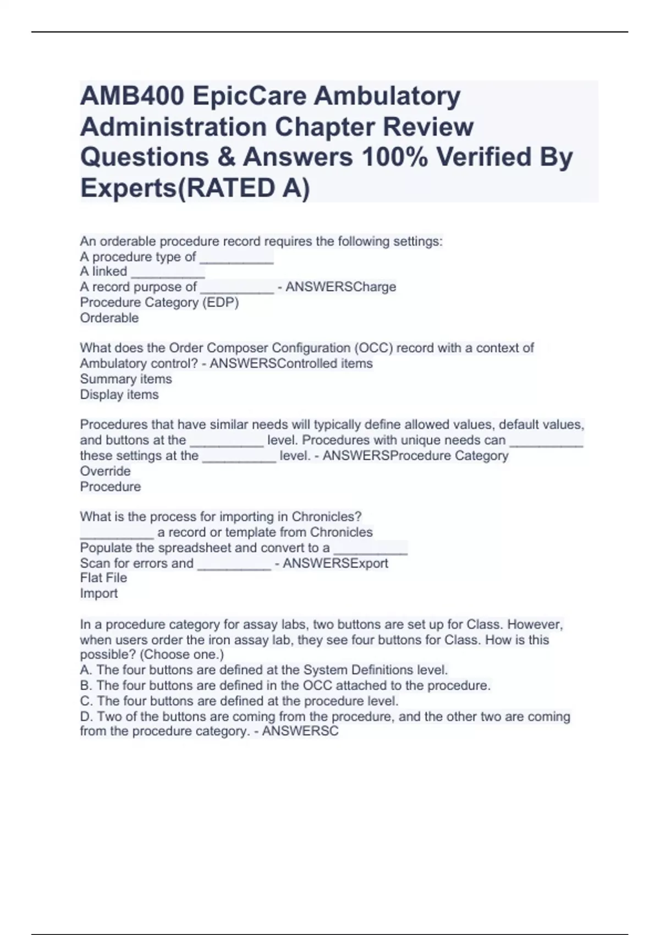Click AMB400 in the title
coord(131,97)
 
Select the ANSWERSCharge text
coord(340,287)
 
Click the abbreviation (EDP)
coord(221,302)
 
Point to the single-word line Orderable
coord(109,318)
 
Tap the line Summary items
coord(125,379)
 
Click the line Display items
coord(119,394)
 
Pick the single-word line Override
coord(105,471)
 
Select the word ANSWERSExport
coord(335,563)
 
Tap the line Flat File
coord(103,578)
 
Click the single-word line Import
coord(98,593)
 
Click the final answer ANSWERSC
coord(300,732)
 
